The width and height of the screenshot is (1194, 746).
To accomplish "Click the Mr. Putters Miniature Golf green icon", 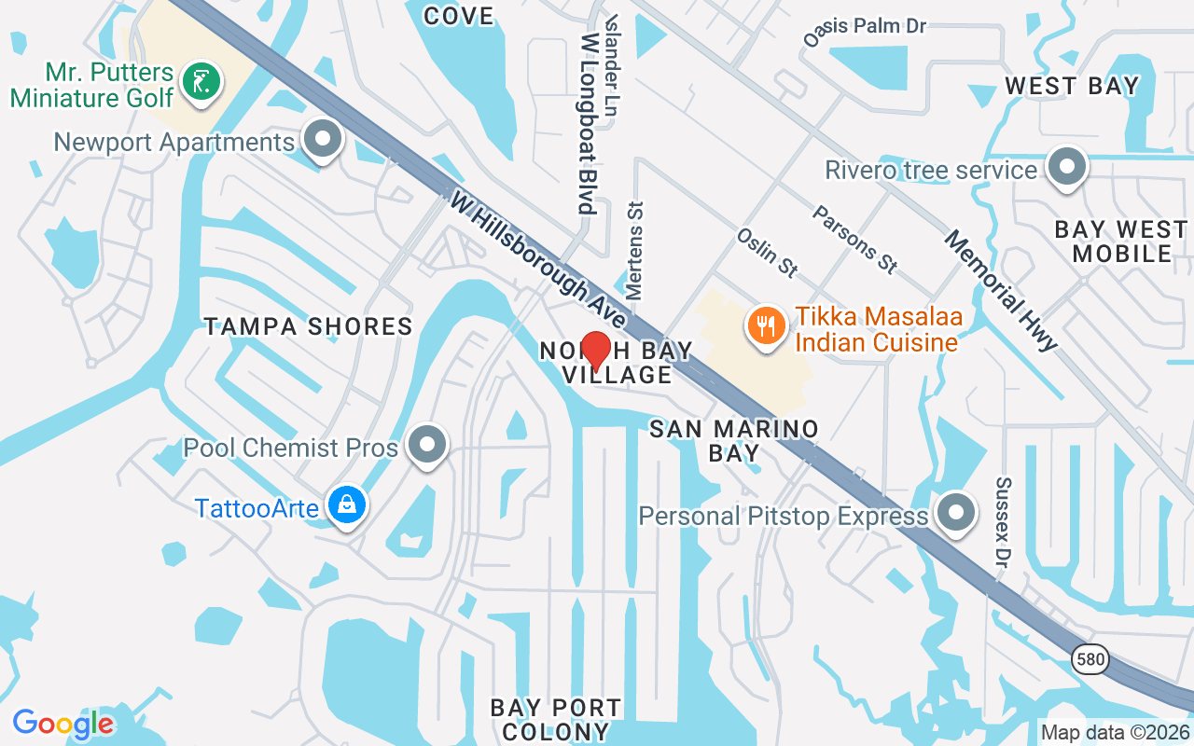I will click(201, 80).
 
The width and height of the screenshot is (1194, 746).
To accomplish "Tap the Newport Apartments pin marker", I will click(324, 140).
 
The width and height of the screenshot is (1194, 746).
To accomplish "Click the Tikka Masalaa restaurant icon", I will click(766, 325).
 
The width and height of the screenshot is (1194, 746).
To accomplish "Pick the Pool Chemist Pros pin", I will click(428, 445).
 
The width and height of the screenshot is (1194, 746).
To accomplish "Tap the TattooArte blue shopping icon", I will click(347, 505).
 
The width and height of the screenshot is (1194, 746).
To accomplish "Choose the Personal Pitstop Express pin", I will click(955, 513).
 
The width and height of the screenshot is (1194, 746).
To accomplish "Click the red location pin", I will click(595, 350).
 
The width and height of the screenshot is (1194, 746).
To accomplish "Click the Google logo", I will click(62, 723).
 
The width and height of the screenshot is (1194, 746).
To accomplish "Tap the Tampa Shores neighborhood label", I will click(309, 325).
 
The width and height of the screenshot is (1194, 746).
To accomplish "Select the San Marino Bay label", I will click(733, 440).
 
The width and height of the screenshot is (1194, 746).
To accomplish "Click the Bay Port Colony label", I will click(556, 719).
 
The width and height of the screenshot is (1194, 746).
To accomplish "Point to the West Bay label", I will click(1072, 87).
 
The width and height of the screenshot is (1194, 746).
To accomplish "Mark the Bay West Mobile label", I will click(1121, 241).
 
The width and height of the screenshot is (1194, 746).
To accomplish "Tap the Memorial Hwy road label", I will click(1002, 291).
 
